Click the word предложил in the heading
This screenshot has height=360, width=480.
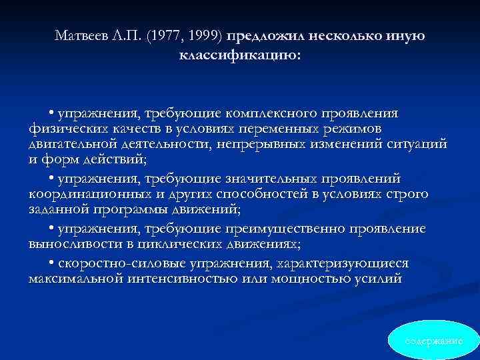pyautogui.click(x=263, y=35)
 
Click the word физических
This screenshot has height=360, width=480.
pyautogui.click(x=66, y=128)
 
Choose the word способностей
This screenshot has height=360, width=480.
pyautogui.click(x=277, y=194)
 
